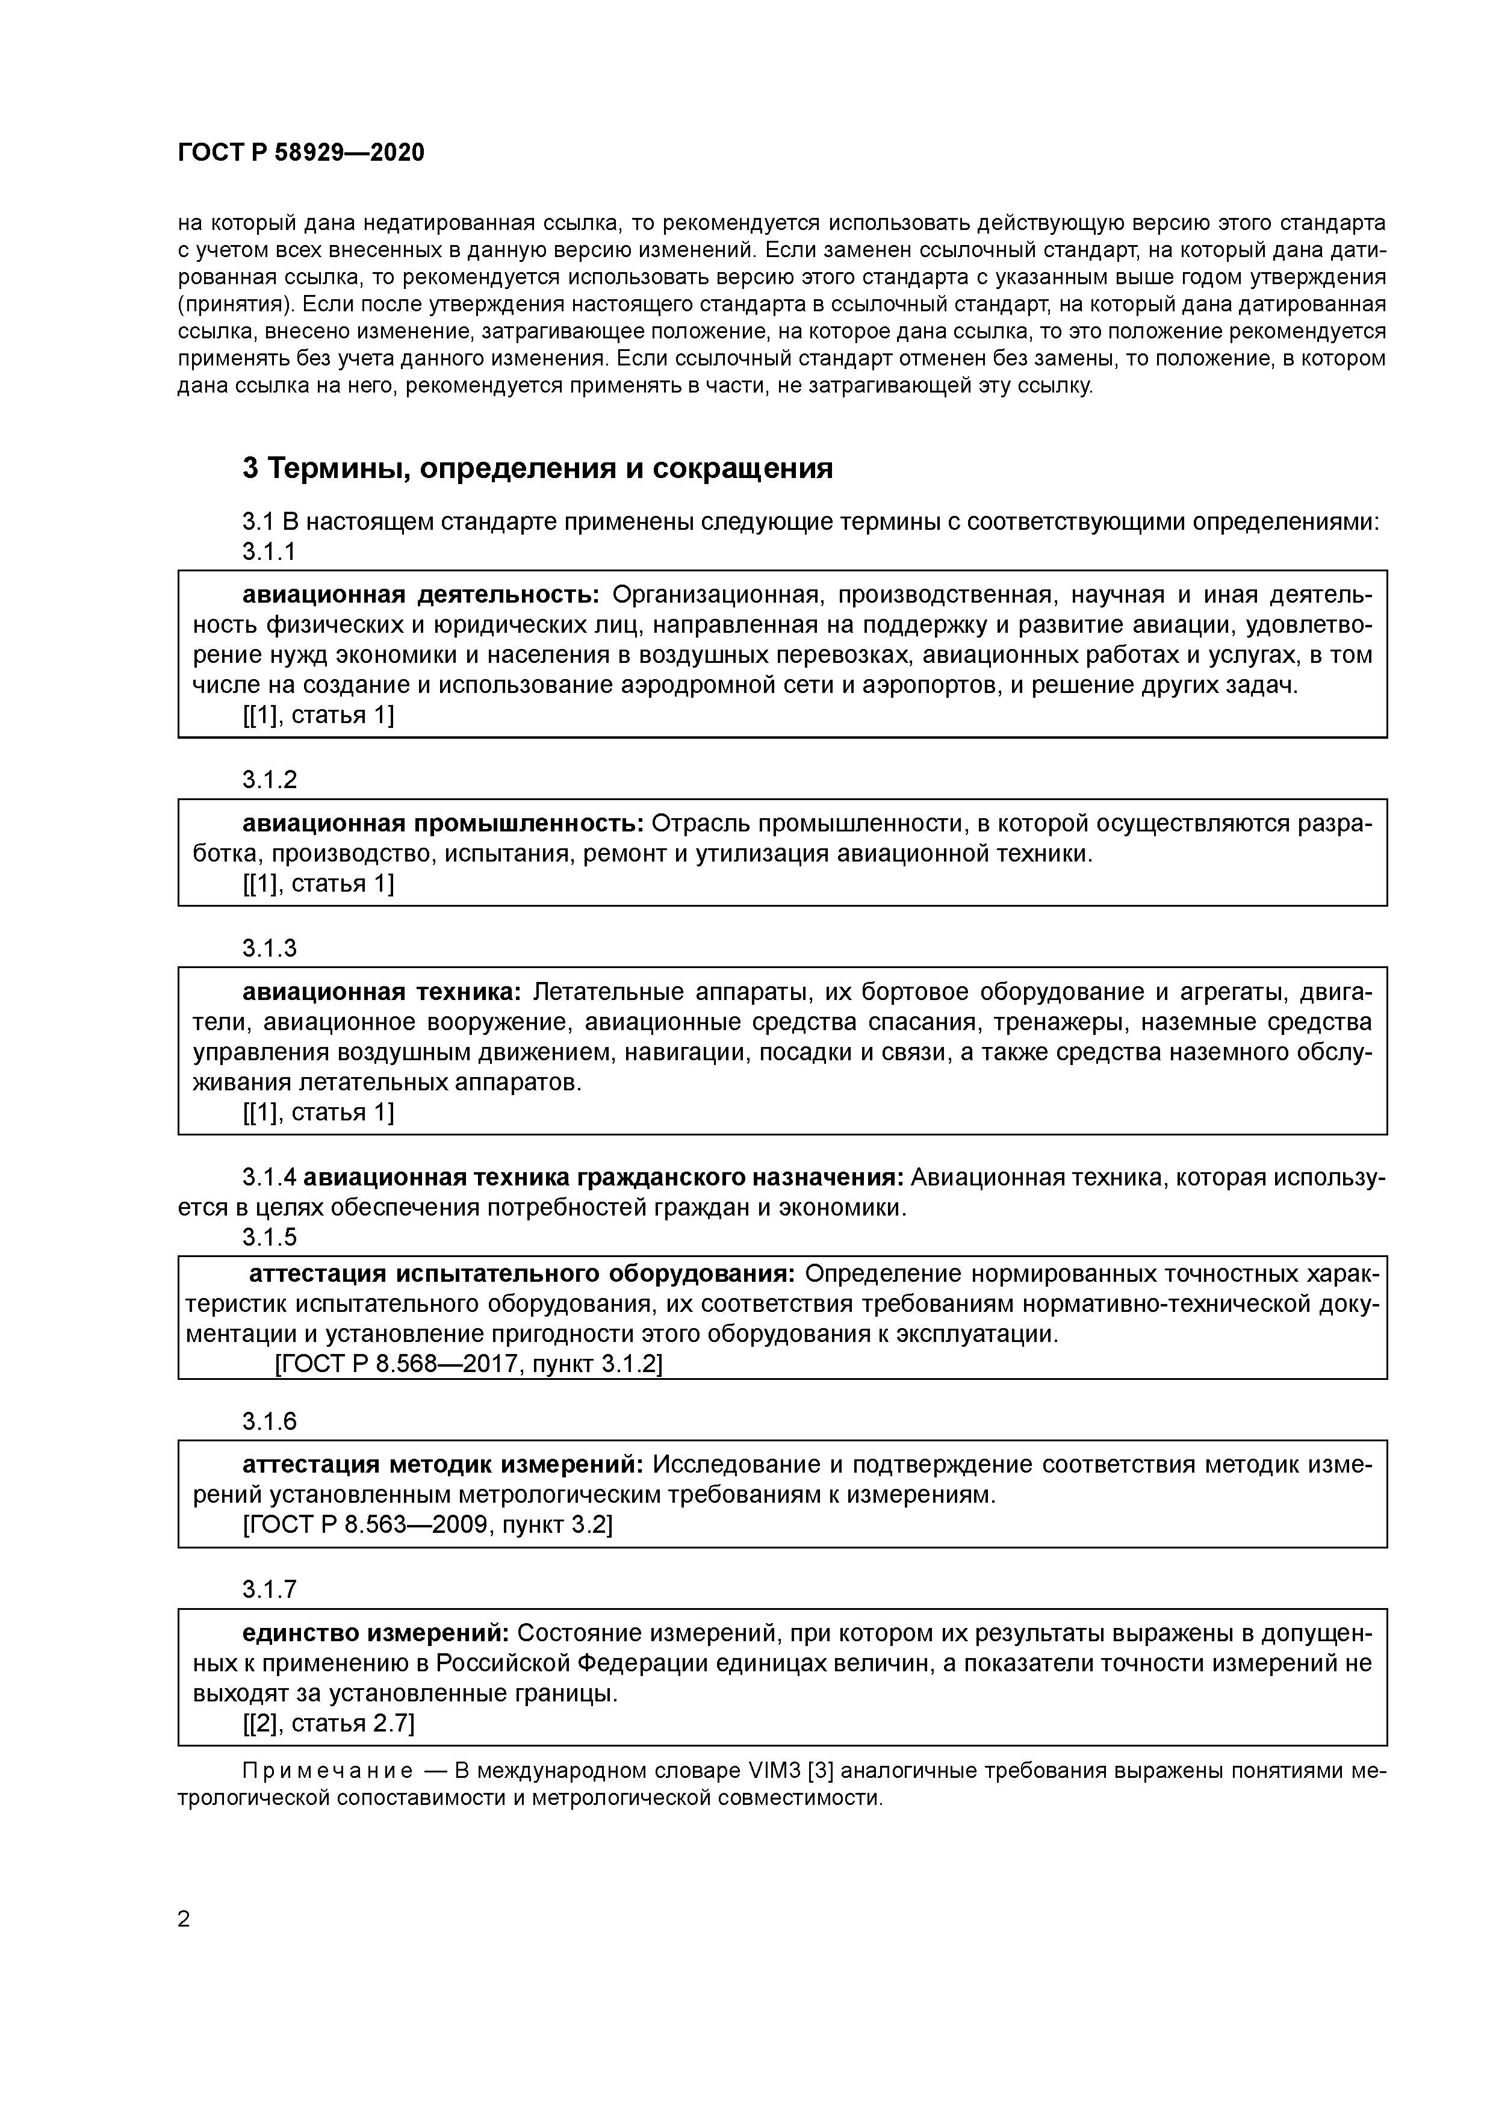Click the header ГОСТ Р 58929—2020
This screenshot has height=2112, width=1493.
(301, 153)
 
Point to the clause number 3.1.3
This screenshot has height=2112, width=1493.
(270, 948)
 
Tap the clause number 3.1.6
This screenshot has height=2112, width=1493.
(270, 1421)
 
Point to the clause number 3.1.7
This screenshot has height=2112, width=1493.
(270, 1589)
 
